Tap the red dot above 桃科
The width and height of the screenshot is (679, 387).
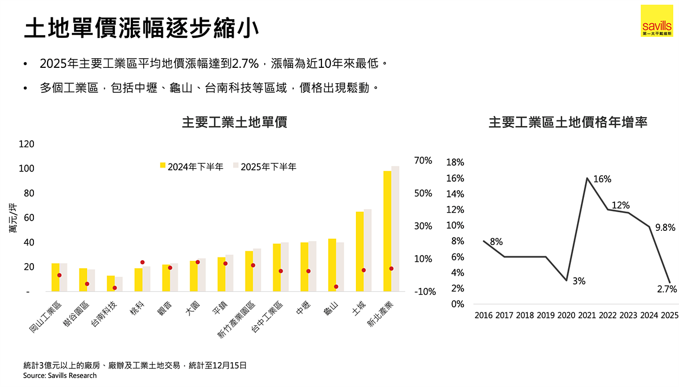(143, 263)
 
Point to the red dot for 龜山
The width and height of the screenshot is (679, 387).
(336, 287)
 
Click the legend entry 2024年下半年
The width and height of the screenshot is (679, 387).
(192, 166)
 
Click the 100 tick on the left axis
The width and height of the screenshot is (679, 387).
(27, 169)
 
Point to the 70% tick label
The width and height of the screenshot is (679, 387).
(423, 161)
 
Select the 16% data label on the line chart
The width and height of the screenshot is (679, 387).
(602, 179)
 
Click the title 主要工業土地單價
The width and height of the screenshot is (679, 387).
(234, 122)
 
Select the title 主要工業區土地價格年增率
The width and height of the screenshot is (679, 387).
(568, 122)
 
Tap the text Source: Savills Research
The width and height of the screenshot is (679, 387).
(60, 375)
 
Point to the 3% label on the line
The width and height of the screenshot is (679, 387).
(578, 281)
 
